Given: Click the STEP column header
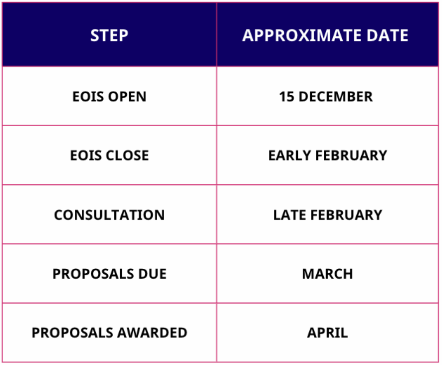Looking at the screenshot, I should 109,35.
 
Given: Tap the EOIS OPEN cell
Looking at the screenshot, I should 109,96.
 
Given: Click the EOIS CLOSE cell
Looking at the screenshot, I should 109,155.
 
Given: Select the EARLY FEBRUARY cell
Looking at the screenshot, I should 327,155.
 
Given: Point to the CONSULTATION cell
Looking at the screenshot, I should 109,214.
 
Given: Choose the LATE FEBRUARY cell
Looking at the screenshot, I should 327,214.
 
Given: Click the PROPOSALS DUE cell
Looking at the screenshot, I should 109,274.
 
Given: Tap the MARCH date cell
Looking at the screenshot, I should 327,274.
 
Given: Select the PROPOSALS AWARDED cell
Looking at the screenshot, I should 109,333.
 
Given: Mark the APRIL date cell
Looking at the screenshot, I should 327,333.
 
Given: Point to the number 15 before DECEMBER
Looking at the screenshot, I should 286,96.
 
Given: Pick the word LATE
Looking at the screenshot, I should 289,214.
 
